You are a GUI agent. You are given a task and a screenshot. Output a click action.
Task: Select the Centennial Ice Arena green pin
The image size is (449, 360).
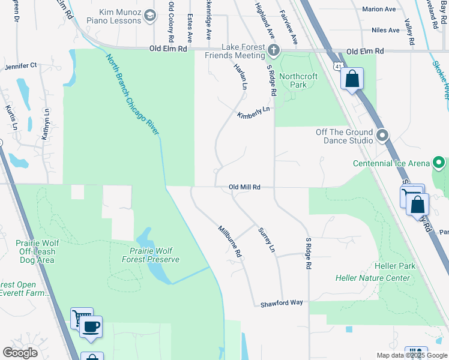pos(439,163)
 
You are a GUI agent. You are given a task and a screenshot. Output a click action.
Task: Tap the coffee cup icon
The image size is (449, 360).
pos(91,327)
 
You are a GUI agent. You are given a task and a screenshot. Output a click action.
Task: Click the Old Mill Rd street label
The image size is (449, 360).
pos(244,187)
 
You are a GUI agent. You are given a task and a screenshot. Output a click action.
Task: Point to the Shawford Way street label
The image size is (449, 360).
pos(282,304)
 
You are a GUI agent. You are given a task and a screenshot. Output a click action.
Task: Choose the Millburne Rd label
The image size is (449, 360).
pos(229,241)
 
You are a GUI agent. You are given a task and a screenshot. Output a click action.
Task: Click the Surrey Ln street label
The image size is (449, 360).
pos(266,239)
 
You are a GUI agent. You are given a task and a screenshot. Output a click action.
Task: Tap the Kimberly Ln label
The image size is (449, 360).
pos(253,112)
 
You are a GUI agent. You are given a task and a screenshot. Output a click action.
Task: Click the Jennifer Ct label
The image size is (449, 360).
pos(21,65)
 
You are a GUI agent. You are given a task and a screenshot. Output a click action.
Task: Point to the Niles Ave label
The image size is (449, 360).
pos(385,30)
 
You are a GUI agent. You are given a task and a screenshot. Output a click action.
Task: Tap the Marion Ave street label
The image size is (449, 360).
pos(379,9)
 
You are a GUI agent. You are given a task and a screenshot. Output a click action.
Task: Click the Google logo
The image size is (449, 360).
pos(20,353)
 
